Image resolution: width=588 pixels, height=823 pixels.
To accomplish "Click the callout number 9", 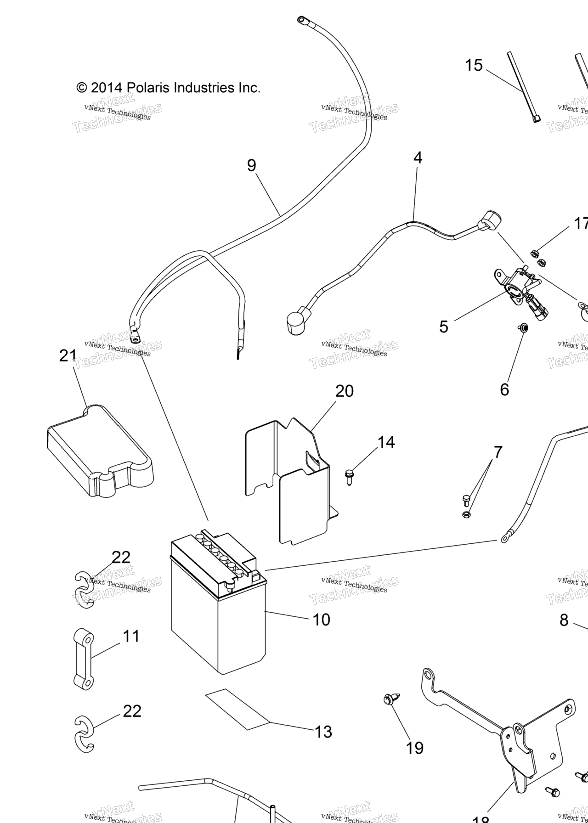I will point(251,165).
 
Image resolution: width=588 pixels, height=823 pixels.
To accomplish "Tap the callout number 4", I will point(417,158).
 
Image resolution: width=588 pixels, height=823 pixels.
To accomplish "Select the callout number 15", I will point(474,65).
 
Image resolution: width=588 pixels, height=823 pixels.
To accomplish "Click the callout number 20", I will point(344,391).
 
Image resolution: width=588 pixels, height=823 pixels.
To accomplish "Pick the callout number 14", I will point(386,442).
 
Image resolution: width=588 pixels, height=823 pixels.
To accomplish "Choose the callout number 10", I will point(321,620).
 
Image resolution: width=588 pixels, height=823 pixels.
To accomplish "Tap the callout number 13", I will point(323,732).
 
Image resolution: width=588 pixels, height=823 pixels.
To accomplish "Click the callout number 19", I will point(414,748).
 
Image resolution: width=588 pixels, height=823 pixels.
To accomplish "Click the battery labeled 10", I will point(218,606).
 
